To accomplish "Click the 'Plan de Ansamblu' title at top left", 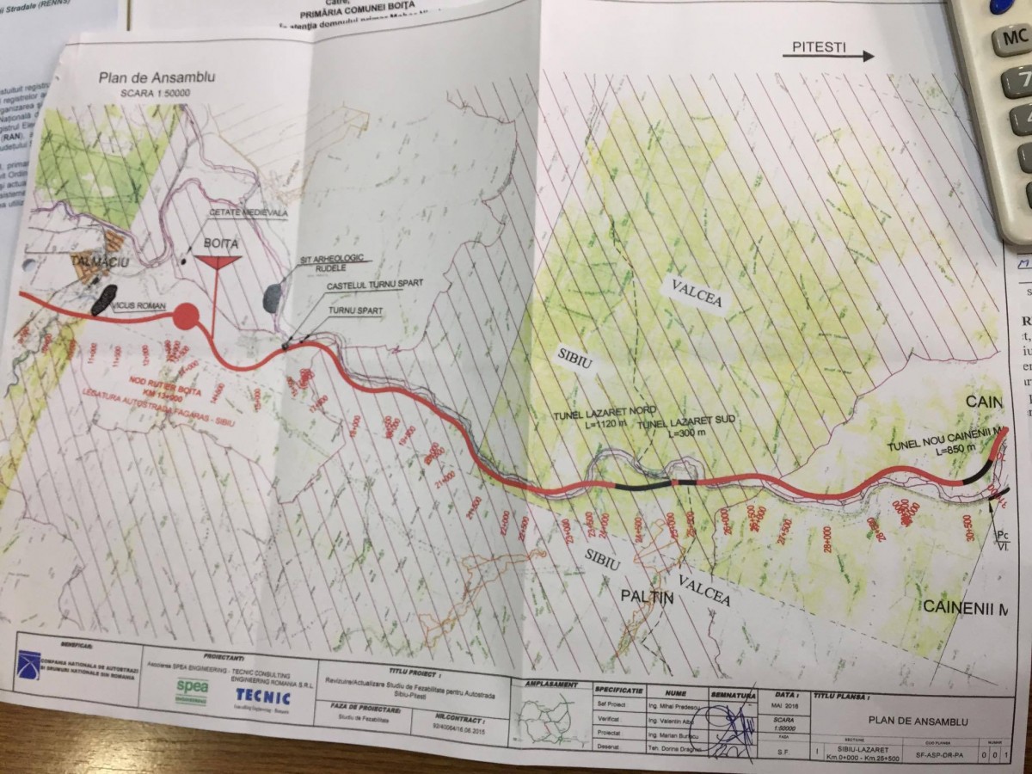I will point(157,77).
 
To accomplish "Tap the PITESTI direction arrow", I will point(827,56).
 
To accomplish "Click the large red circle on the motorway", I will point(187,316).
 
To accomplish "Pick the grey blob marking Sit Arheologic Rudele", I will point(272,298).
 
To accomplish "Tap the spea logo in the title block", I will point(192,687).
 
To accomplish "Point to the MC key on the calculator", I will point(1011,39).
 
